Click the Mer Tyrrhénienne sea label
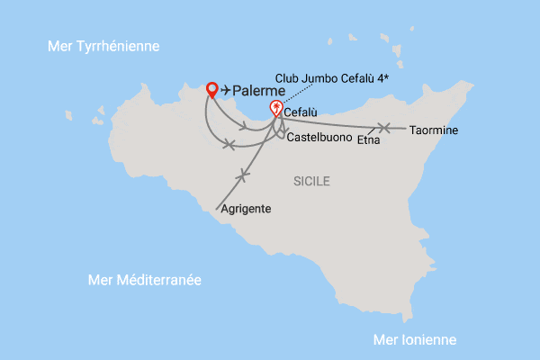pos(103,46)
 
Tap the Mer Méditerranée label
pos(144,280)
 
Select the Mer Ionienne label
pos(415,339)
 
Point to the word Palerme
pos(259,91)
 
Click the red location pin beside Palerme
pos(212,89)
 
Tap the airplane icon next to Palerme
pos(226,90)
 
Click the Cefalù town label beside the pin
pos(303,112)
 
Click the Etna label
pos(368,140)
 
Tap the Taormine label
pos(434,130)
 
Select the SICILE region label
pos(311,182)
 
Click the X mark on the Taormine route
pos(385,128)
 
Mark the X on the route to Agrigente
pos(240,175)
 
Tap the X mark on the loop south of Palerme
pos(229,144)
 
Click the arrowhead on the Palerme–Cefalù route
pos(246,127)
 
